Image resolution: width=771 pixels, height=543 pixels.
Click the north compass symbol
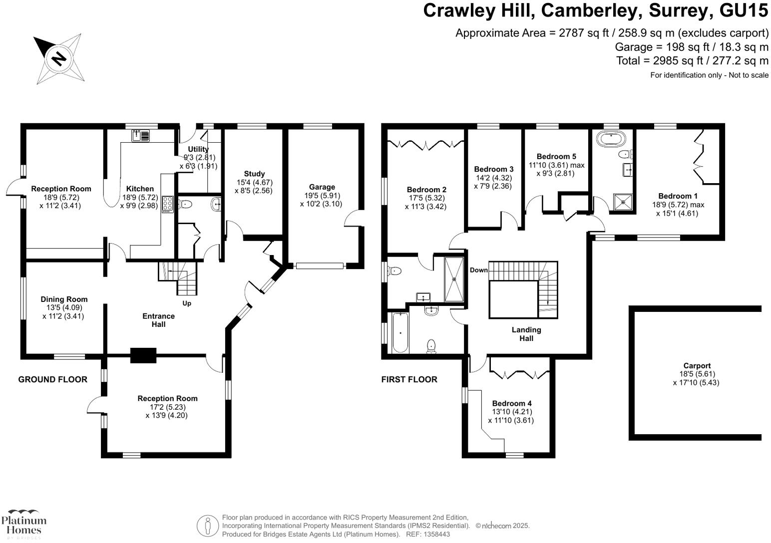tap(59, 58)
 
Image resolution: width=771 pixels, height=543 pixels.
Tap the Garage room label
tap(322, 187)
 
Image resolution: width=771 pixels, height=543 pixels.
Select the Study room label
tap(254, 174)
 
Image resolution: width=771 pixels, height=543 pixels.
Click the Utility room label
tap(198, 149)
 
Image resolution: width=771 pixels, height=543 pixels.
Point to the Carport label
tap(697, 366)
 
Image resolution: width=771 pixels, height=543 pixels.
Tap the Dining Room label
tap(64, 299)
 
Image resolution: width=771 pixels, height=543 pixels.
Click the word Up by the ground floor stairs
tap(187, 303)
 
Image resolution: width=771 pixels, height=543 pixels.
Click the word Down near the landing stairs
tap(478, 270)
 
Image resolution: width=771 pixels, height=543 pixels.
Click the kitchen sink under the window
tap(140, 135)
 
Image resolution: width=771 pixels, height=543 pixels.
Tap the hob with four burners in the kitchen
tap(167, 205)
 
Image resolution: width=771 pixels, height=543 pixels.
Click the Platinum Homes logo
tap(23, 524)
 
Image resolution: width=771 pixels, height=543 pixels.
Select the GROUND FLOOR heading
tap(52, 379)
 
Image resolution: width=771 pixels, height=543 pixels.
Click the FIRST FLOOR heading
tap(409, 379)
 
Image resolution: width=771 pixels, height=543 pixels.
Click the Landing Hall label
tap(526, 334)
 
